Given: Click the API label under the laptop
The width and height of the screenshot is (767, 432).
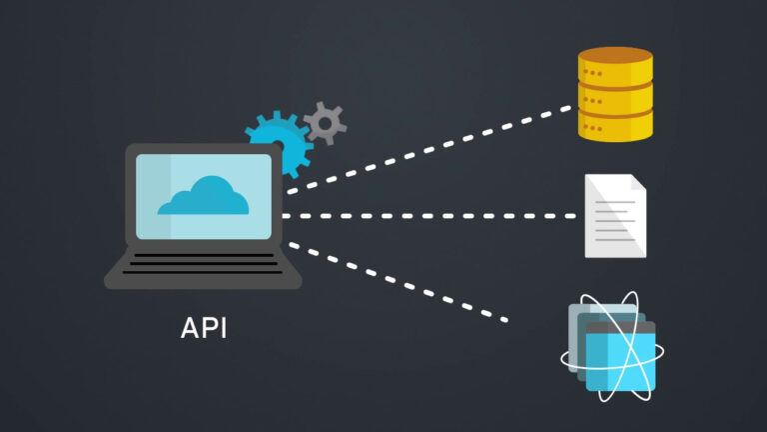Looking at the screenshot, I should [204, 327].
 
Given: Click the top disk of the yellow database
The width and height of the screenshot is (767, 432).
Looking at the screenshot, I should [615, 66].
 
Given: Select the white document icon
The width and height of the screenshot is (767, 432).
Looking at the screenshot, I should [614, 215].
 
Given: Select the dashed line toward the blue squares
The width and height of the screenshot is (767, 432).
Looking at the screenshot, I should [399, 282].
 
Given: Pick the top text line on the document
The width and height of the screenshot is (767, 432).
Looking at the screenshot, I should [613, 201].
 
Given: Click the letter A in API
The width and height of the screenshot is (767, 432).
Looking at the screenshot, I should [190, 327].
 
